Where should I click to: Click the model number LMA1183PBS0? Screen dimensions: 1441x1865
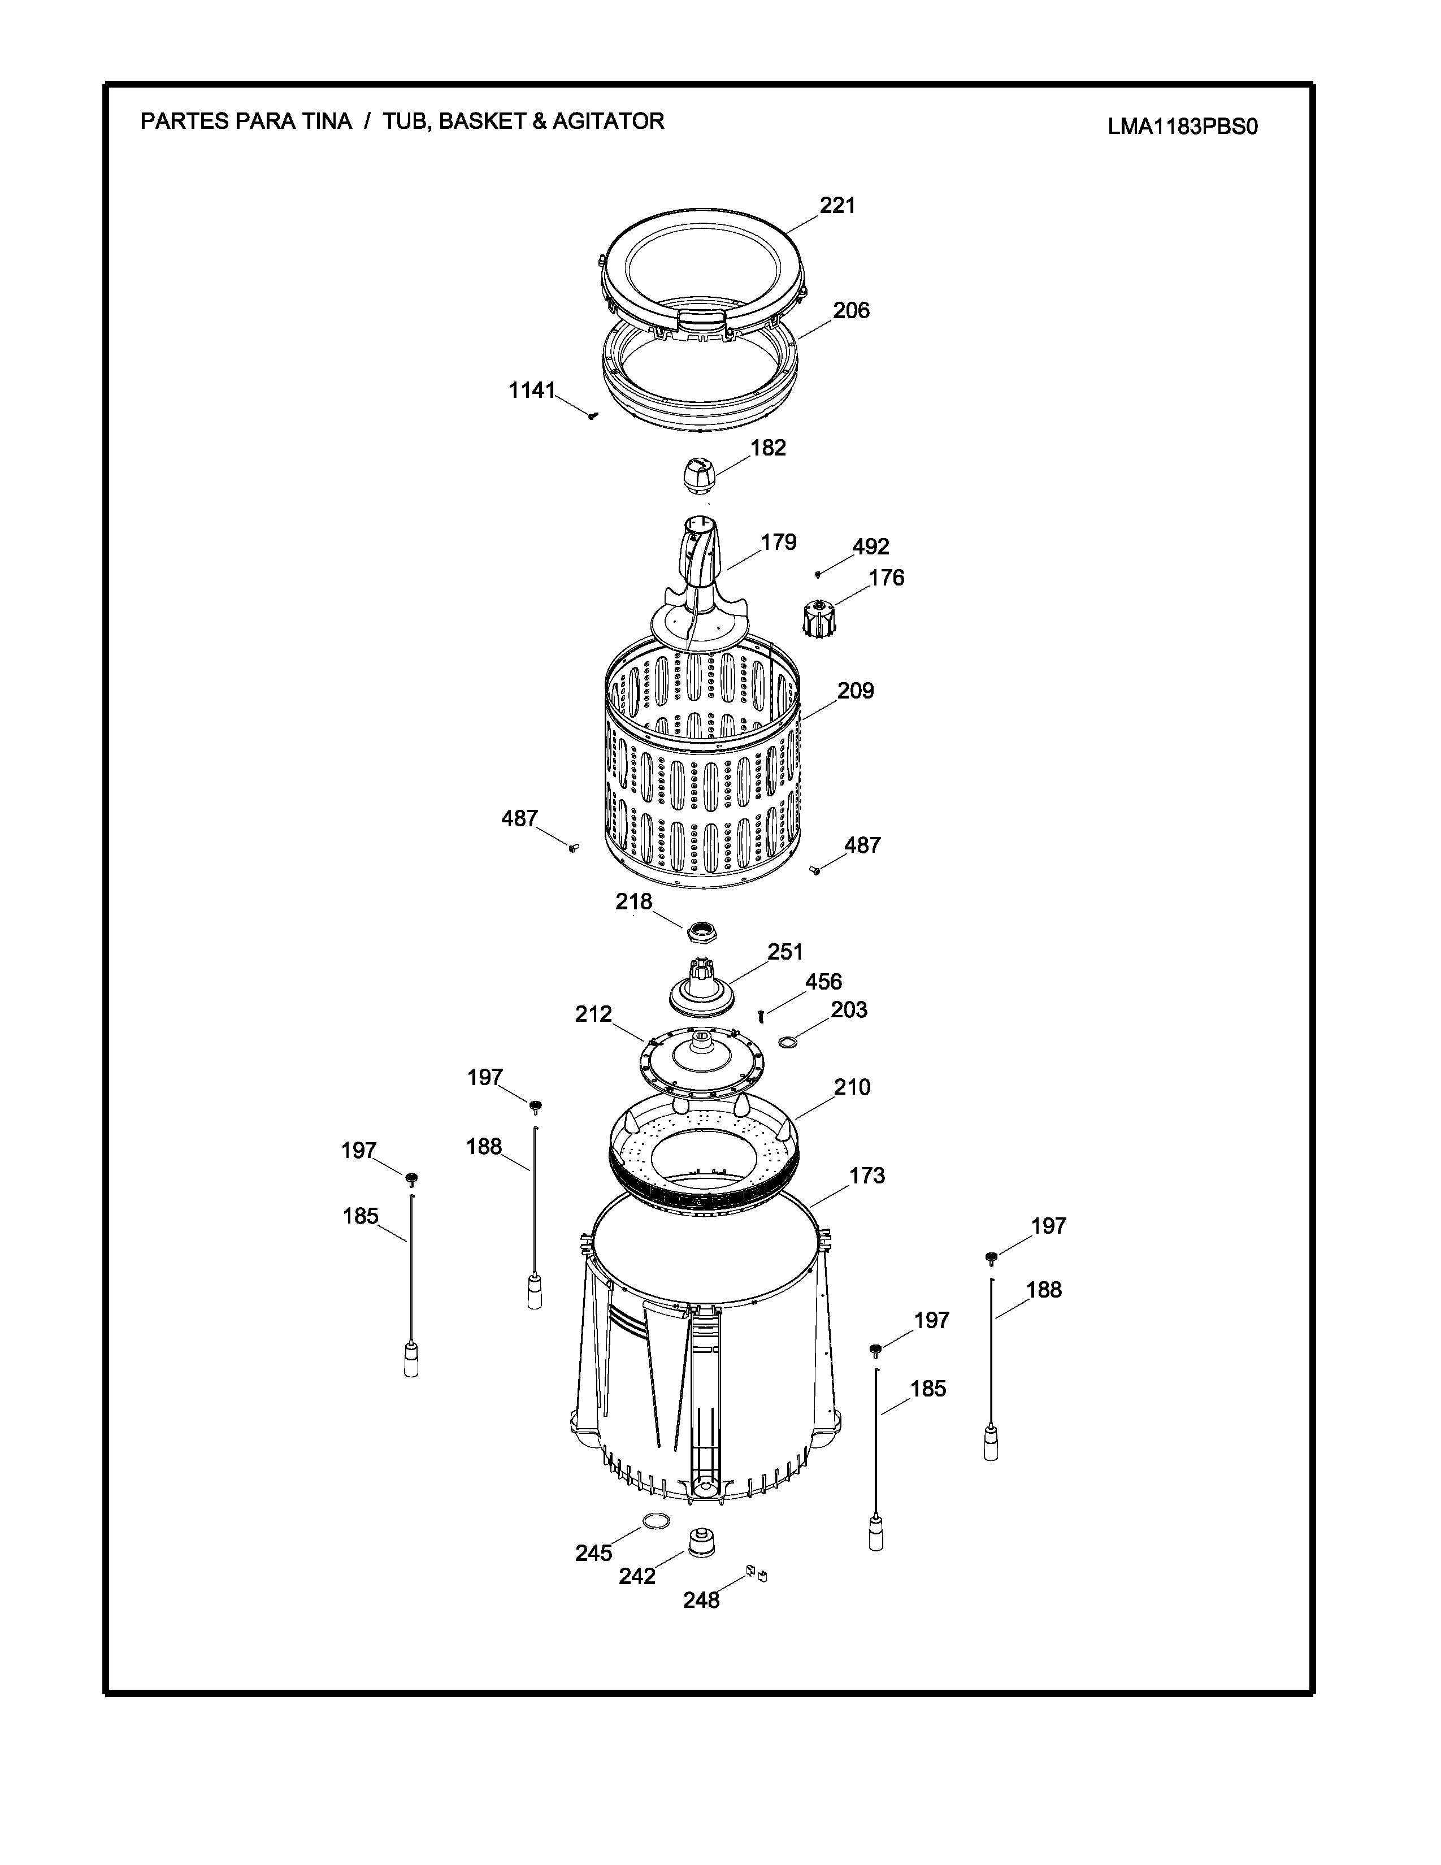(1183, 127)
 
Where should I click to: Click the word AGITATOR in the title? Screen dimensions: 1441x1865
(608, 122)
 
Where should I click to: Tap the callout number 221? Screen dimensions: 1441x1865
(837, 205)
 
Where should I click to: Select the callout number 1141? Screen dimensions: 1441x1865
(532, 391)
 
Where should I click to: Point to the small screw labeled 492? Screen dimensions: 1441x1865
(818, 573)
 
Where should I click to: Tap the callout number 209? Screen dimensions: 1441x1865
(856, 690)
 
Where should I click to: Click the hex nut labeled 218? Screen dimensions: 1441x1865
(702, 931)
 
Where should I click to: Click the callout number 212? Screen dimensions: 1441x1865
(593, 1014)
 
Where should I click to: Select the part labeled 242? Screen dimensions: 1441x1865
(701, 1542)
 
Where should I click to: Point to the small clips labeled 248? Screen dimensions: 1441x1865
(756, 1572)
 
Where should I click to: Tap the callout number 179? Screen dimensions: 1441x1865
(779, 542)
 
